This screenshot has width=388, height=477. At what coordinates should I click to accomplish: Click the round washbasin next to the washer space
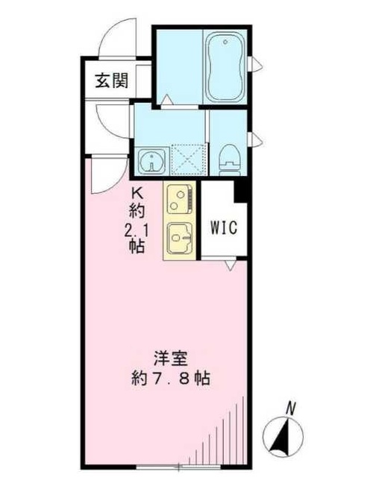pos(151,159)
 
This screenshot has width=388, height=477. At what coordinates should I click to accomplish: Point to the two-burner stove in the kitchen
pos(180,198)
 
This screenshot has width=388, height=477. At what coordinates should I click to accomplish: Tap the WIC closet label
pos(223,228)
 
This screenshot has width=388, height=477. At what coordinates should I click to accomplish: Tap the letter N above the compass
pos(292,407)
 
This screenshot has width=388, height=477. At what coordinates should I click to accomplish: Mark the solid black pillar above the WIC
pos(240,190)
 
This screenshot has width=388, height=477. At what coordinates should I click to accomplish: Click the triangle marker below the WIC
pos(231,264)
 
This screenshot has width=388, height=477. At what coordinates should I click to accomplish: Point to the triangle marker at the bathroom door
pos(167,99)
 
